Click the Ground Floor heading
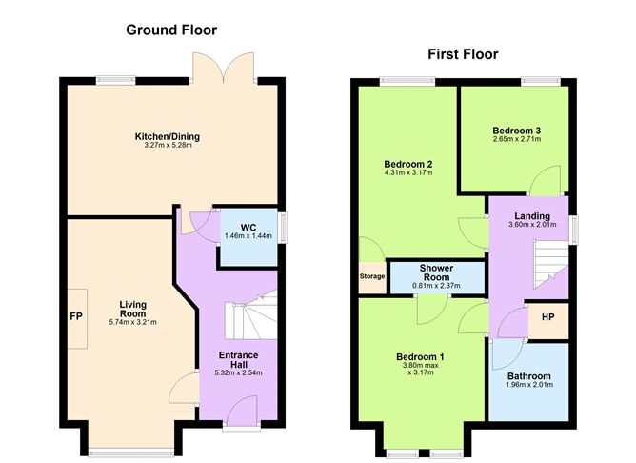pos(171,30)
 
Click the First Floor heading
pos(463,54)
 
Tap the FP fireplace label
pos(76,316)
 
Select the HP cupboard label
pos(548,317)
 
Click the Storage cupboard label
pos(372,276)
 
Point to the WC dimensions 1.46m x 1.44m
pos(248,235)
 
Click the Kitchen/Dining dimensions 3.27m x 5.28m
pos(168,145)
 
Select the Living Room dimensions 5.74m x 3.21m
pos(132,323)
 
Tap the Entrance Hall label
pos(238,359)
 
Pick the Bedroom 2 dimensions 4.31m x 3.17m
pos(408,172)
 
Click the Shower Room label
pos(436,272)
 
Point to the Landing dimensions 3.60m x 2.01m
pos(532,225)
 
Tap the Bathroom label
pos(529,376)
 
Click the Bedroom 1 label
pos(420,357)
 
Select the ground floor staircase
pos(251,315)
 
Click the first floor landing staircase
pos(550,264)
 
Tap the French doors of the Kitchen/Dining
pos(224,68)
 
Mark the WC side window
pos(283,228)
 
